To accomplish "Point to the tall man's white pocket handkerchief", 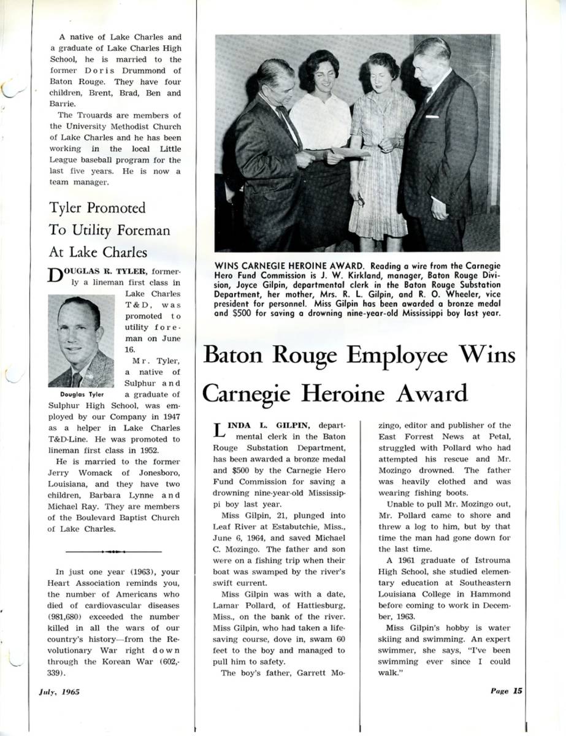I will coord(432,117).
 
